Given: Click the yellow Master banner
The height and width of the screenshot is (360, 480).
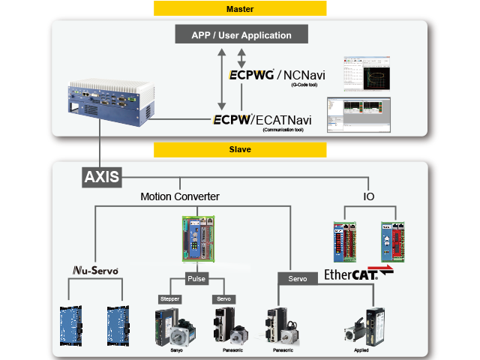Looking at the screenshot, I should click(240, 9).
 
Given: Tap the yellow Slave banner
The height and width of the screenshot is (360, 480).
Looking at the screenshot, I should click(240, 149).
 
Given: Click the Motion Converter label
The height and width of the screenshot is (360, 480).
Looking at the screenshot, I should click(180, 196).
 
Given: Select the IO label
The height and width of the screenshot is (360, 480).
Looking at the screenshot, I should click(370, 196).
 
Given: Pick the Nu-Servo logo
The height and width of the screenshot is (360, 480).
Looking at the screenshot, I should click(94, 270).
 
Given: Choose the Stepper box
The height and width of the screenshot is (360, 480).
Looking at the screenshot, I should click(170, 298).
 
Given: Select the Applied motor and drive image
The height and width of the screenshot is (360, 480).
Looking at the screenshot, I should click(368, 325).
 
